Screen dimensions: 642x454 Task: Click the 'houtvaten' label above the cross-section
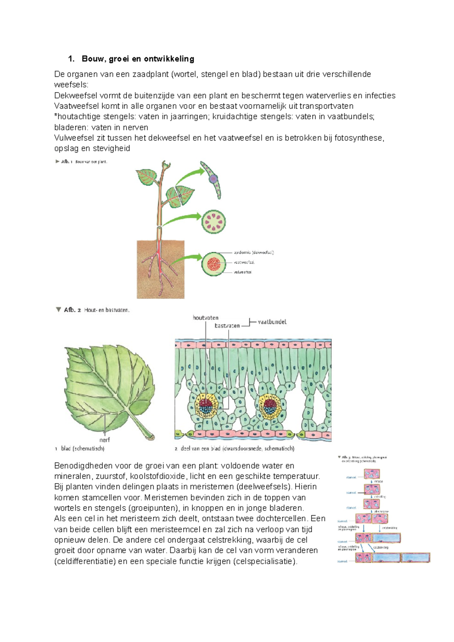point(205,318)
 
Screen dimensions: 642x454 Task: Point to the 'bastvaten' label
point(227,326)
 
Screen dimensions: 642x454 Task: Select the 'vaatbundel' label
point(272,322)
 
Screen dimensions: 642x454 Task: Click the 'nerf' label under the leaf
point(104,440)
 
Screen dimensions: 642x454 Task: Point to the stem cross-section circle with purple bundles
point(214,222)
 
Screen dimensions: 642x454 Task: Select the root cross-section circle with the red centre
point(214,264)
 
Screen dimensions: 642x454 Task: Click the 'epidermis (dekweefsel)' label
point(253,252)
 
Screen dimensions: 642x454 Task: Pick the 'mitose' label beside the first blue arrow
point(378,481)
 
